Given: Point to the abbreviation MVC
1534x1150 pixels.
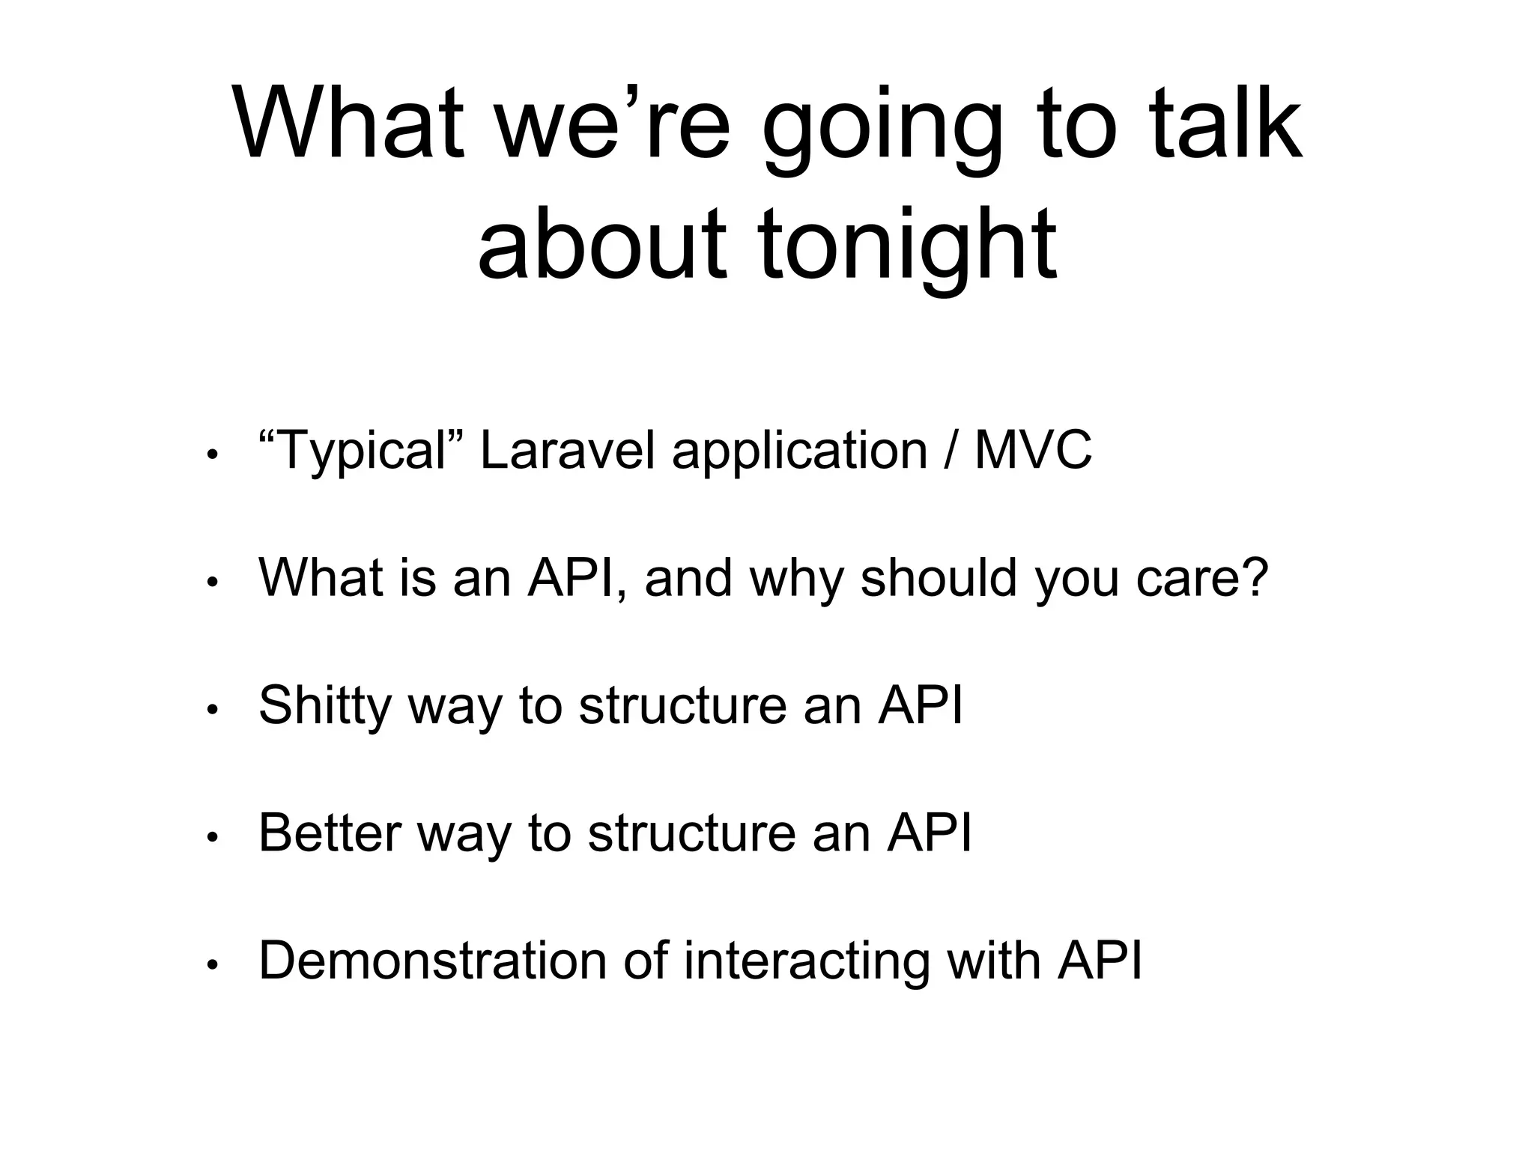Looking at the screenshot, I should (1032, 451).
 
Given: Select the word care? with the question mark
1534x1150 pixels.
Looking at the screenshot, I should (1202, 578).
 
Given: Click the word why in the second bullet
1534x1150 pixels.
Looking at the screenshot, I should (796, 578).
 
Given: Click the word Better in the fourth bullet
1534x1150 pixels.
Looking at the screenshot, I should (330, 833).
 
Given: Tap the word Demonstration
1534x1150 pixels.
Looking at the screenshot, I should (432, 961).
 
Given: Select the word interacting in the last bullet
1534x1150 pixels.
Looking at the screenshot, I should (807, 961).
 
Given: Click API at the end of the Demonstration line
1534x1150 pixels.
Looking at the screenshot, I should (1100, 961).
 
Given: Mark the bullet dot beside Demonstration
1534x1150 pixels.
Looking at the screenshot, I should (212, 965).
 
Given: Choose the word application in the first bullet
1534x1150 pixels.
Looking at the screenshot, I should (799, 451).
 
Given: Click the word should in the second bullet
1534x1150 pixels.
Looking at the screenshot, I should (939, 578).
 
